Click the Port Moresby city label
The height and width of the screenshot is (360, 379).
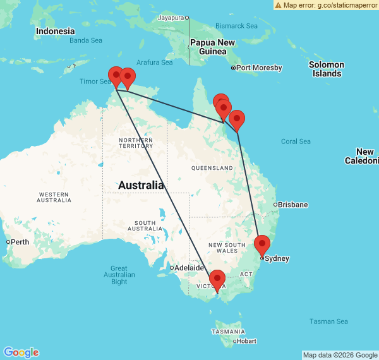259,68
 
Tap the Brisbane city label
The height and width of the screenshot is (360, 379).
293,205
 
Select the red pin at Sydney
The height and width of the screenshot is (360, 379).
262,245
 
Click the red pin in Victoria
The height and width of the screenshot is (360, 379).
217,280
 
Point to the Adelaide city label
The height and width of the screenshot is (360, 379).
188,268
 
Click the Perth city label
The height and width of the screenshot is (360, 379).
20,242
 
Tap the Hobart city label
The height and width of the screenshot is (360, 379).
246,342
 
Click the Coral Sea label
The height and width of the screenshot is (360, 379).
296,141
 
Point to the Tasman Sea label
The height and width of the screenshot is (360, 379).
328,321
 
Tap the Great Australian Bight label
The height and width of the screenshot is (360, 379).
118,275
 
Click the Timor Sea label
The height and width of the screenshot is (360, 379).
95,81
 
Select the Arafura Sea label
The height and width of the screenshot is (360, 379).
155,63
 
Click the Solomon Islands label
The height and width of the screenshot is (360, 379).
326,69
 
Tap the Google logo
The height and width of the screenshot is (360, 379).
21,352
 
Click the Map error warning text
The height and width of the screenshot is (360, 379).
329,5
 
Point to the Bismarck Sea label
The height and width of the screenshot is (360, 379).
236,26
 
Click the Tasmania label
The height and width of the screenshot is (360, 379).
228,332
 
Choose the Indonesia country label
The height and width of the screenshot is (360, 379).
55,31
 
